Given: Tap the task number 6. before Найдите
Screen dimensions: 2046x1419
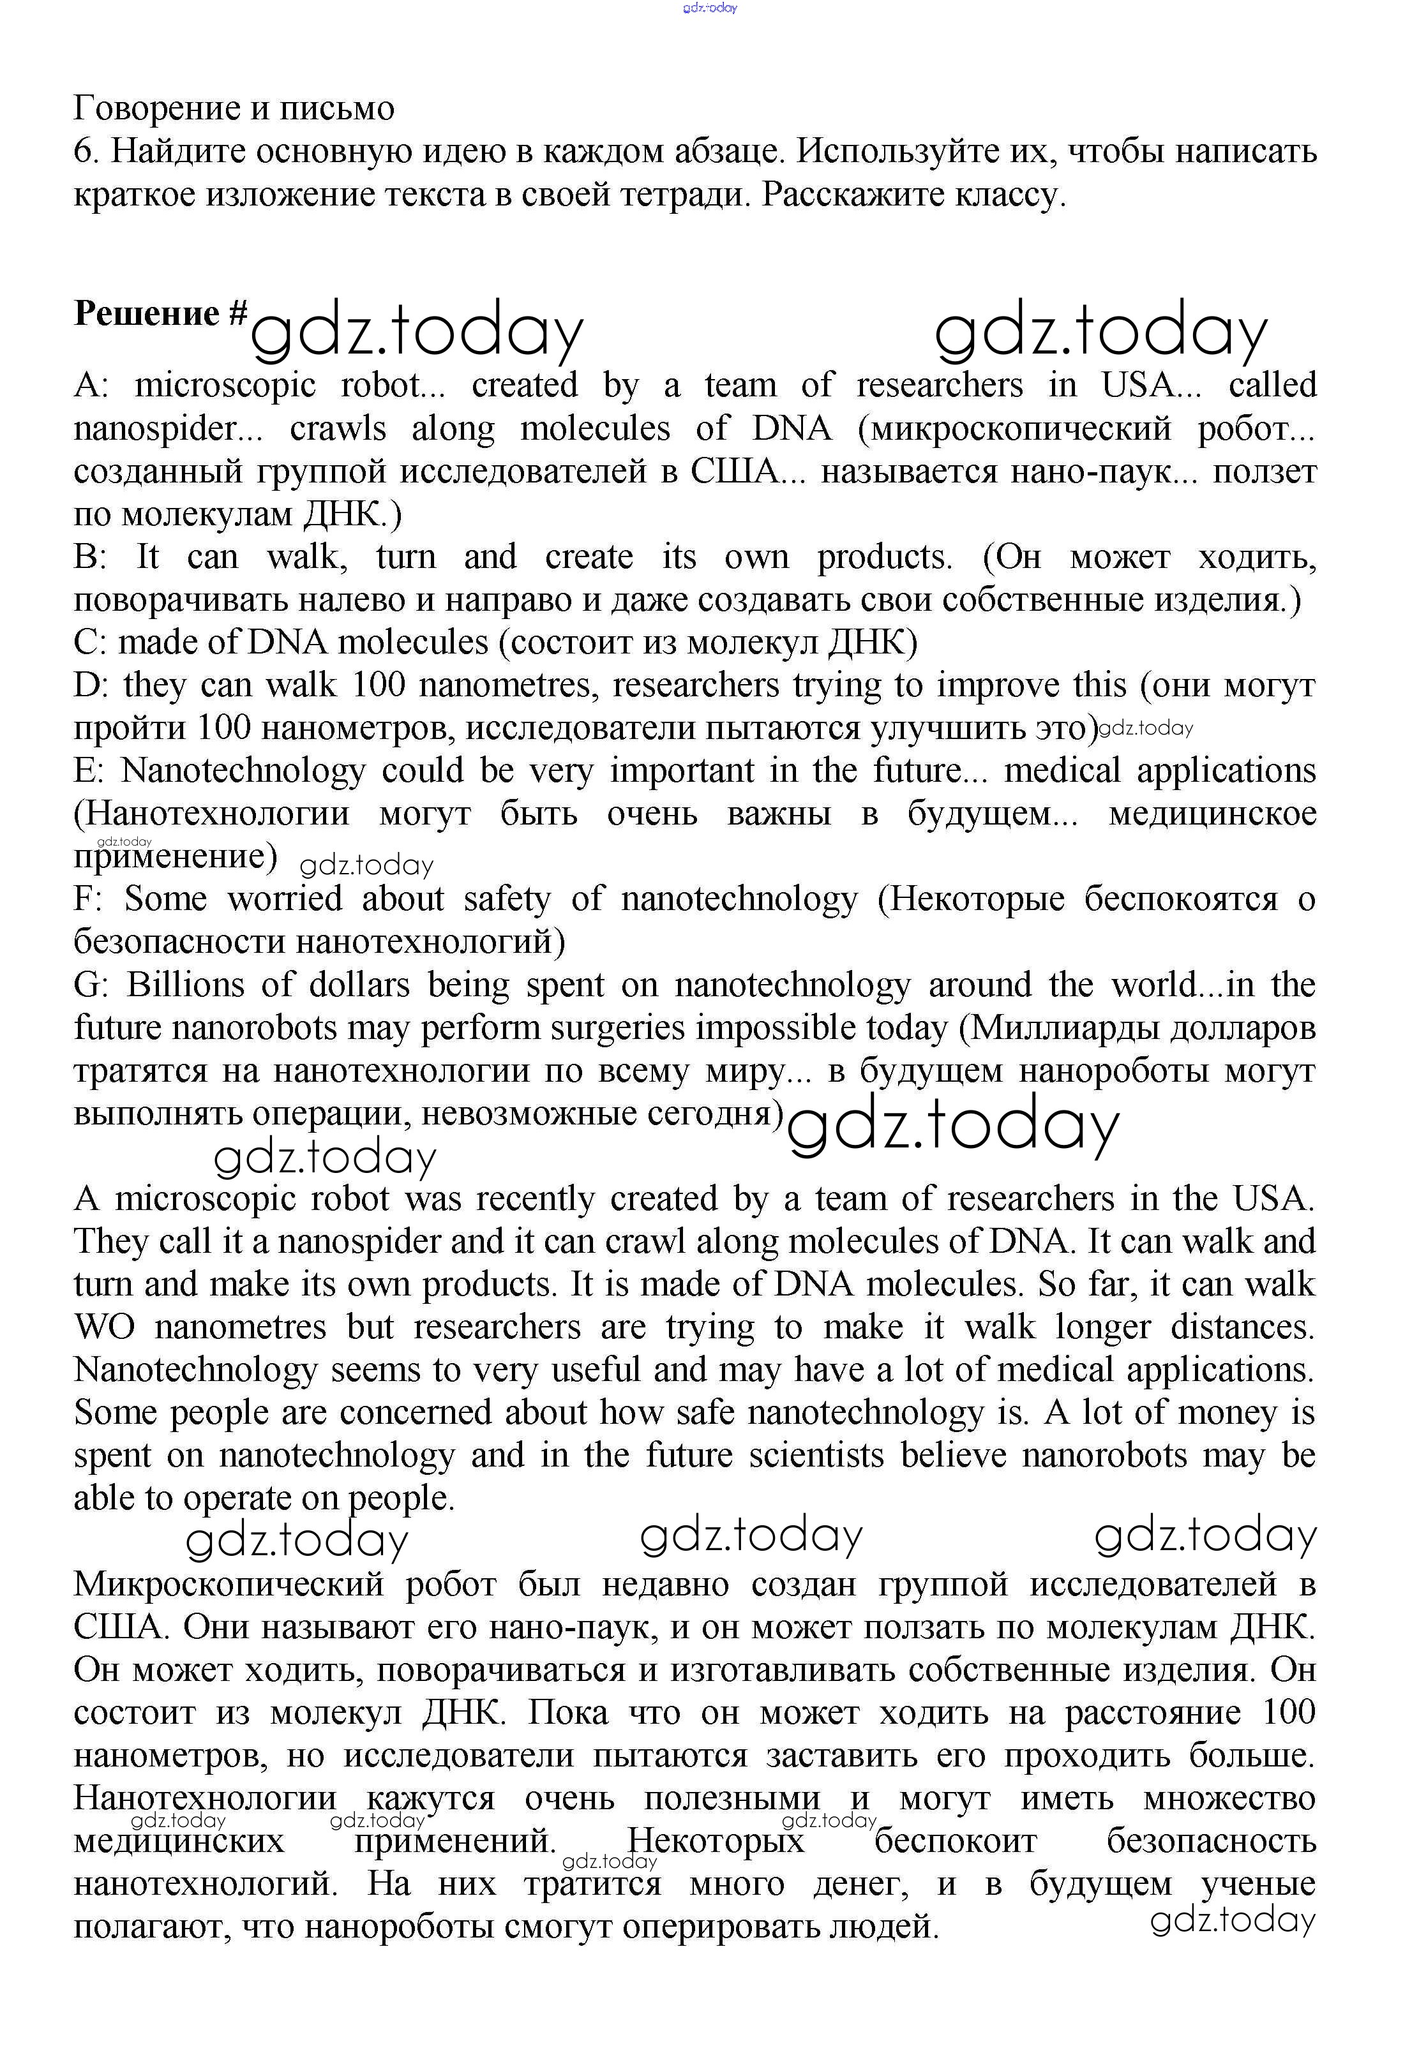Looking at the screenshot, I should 86,152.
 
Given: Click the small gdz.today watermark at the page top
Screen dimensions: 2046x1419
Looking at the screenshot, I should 710,8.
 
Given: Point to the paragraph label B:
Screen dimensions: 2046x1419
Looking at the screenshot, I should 90,557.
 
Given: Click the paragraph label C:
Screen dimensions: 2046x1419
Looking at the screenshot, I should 90,643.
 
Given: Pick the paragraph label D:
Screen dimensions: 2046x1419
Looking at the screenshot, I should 91,685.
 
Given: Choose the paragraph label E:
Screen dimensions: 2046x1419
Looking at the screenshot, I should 90,770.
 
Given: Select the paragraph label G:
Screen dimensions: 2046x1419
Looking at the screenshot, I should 91,985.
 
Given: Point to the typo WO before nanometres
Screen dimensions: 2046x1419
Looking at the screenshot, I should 104,1327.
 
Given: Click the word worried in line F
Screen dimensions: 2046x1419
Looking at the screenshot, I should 285,899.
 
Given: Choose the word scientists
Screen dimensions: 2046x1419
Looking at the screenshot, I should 816,1455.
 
